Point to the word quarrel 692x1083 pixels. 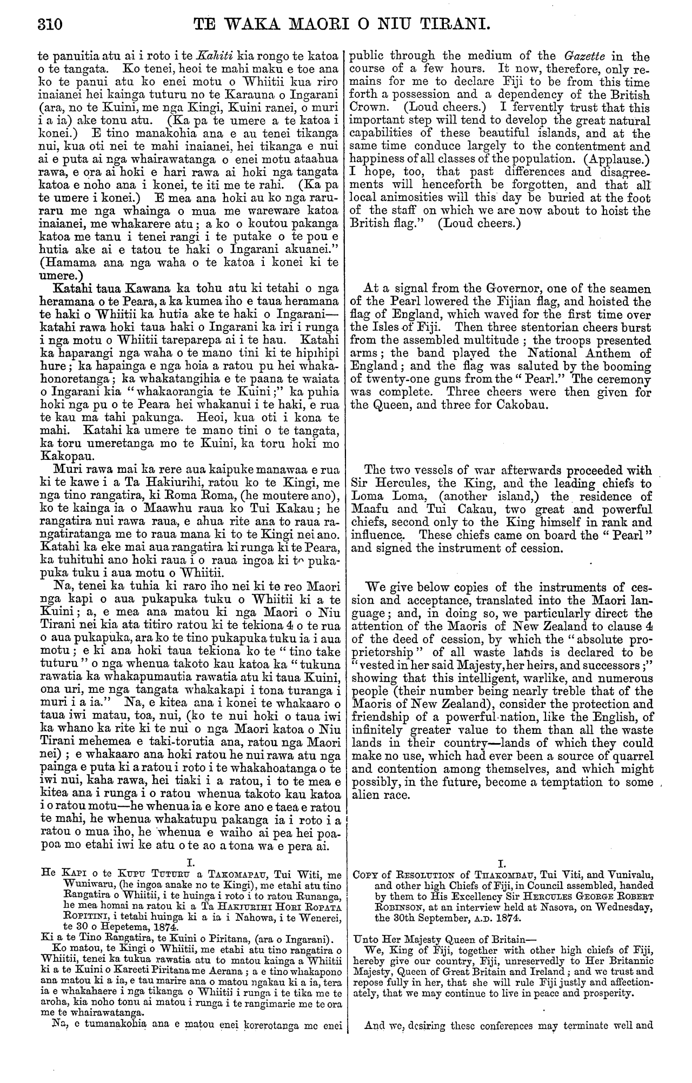pos(628,756)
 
